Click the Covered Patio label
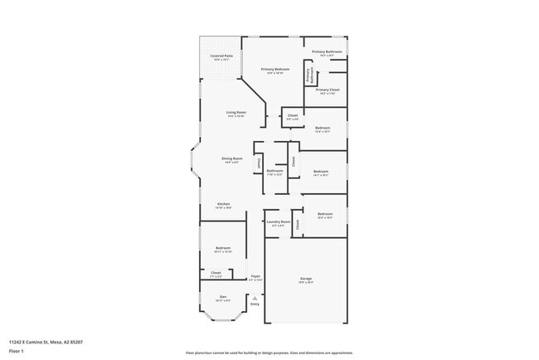pos(221,56)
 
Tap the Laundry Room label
pos(279,221)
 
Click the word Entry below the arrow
pos(255,304)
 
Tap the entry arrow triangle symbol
pos(255,296)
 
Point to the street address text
pos(45,342)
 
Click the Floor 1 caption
pos(17,352)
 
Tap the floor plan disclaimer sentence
pos(269,352)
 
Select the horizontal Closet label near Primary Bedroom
pos(293,115)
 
